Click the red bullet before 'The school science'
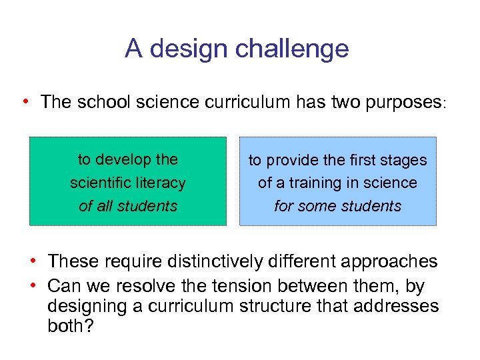coord(25,102)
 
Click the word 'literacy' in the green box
coord(160,183)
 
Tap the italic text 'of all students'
coord(128,206)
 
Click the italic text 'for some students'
coord(337,206)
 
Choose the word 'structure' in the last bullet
coord(279,306)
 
